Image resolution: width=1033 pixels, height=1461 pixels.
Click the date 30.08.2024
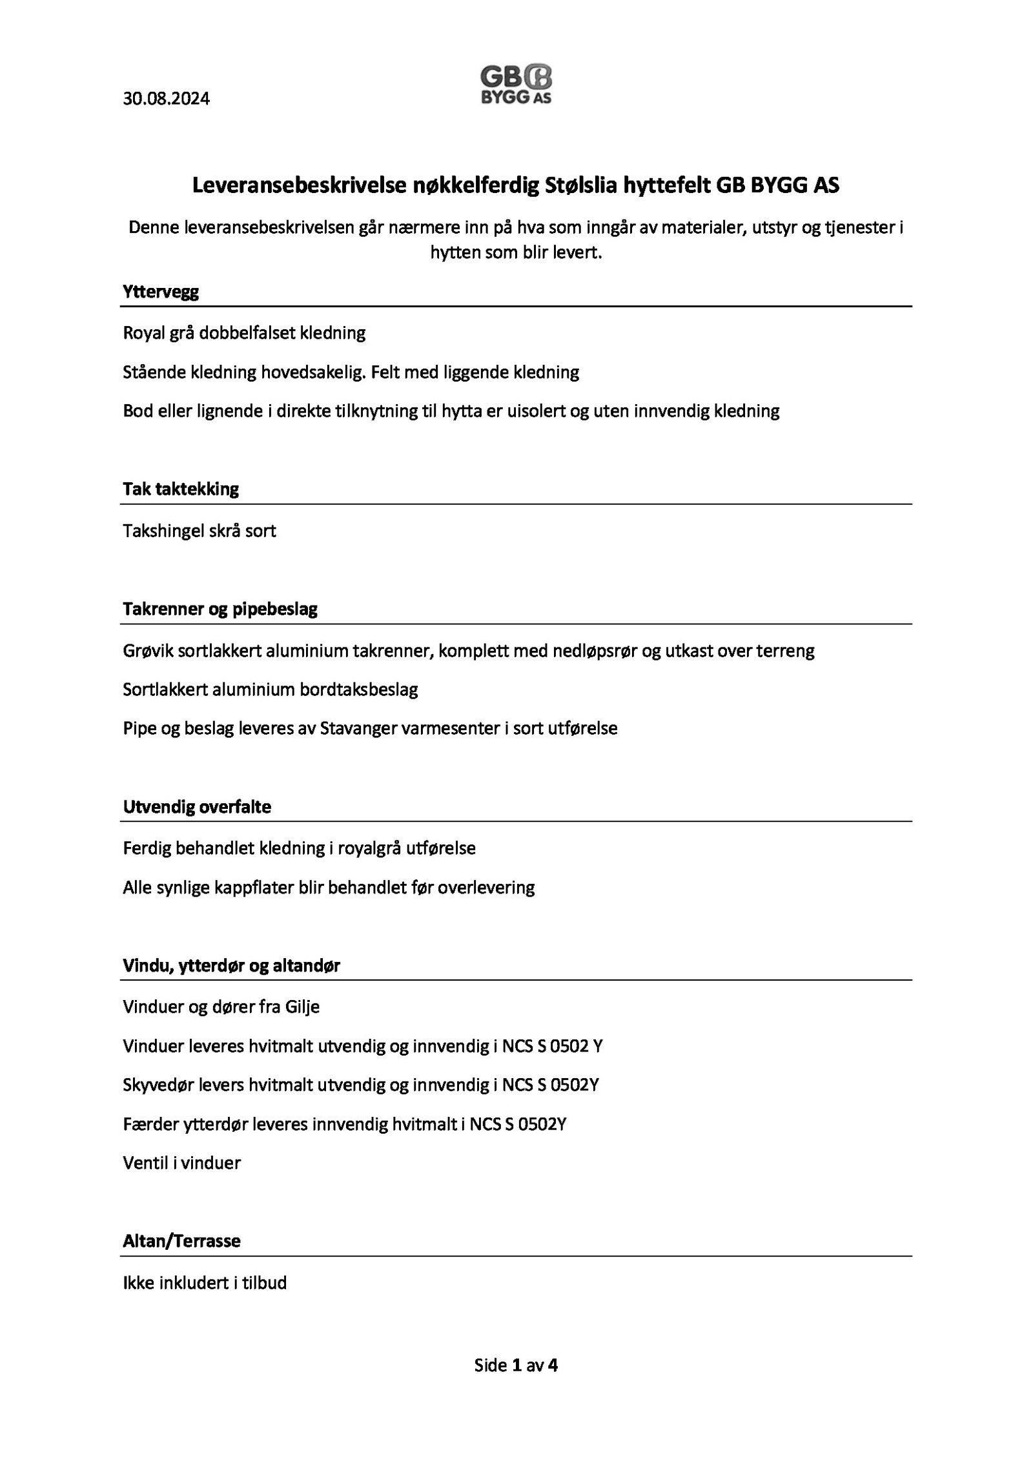tap(166, 99)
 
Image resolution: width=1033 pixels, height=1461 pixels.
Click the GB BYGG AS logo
tap(516, 85)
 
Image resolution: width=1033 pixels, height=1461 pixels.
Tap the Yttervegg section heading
tap(161, 292)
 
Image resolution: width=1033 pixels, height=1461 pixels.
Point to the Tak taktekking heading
tap(181, 489)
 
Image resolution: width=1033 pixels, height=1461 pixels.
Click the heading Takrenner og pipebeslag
tap(220, 609)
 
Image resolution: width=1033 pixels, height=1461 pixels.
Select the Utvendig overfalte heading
tap(197, 807)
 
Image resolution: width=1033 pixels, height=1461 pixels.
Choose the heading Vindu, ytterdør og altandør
tap(231, 966)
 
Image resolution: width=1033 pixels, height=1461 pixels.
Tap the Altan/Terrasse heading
tap(181, 1241)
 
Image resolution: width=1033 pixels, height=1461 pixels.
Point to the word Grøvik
tap(146, 650)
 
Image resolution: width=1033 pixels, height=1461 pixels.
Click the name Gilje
tap(302, 1006)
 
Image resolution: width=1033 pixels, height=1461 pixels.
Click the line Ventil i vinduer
tap(181, 1163)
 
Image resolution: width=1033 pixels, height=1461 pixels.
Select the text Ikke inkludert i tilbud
tap(205, 1282)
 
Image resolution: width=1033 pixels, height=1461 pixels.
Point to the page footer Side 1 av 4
tap(516, 1365)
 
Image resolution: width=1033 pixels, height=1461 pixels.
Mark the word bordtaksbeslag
tap(359, 690)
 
